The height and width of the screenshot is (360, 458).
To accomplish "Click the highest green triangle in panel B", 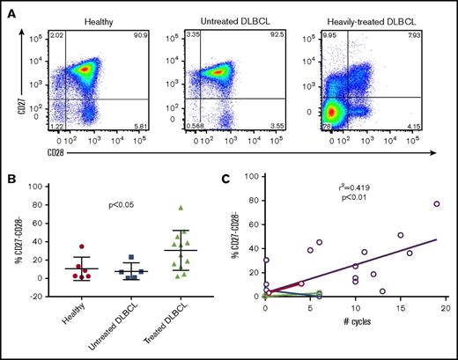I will pos(181,208).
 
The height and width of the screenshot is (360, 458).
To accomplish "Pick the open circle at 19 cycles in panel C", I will pos(436,204).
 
